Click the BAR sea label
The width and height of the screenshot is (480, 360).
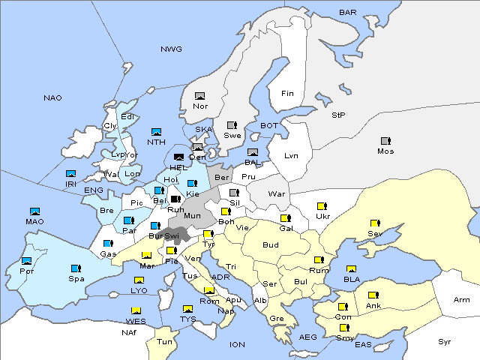point(348,13)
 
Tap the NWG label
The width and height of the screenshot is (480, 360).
point(171,49)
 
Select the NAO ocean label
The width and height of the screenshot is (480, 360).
point(52,97)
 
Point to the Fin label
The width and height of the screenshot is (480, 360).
point(287,94)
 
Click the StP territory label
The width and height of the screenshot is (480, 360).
point(339,115)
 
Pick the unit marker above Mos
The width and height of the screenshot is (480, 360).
point(385,141)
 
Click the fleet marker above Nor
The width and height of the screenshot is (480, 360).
point(199,96)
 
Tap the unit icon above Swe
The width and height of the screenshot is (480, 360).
point(232,125)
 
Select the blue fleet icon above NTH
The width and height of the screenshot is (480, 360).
point(156,132)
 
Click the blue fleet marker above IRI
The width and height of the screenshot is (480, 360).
point(71,174)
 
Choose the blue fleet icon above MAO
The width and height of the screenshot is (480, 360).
point(34,211)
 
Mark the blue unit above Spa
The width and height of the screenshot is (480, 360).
point(75,268)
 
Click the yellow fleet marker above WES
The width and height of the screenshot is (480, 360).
point(136,310)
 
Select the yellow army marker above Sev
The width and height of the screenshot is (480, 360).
point(373,223)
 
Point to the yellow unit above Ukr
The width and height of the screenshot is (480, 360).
point(322,205)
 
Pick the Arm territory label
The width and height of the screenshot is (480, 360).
point(462,300)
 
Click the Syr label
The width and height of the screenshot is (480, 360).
point(445,341)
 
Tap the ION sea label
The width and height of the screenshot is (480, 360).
point(237,344)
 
